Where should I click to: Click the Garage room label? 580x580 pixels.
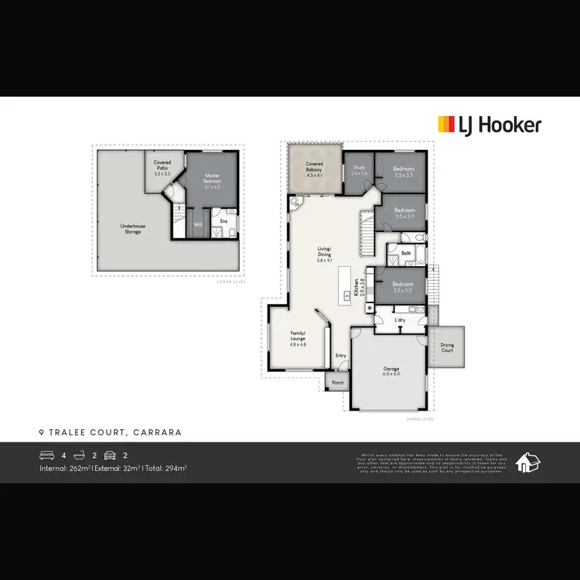[392, 372]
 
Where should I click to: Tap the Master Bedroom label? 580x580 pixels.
[213, 181]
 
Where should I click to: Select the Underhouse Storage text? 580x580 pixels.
[133, 229]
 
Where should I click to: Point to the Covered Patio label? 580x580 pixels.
[162, 170]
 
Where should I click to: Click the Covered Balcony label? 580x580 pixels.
[314, 170]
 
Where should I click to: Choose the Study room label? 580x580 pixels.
[359, 170]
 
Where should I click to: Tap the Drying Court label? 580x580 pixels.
[447, 348]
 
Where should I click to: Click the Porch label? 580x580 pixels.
[338, 383]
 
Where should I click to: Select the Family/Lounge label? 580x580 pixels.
[298, 338]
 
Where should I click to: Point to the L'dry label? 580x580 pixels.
[400, 319]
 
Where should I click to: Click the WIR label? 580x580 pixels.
[198, 226]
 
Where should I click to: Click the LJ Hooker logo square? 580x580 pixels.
[447, 125]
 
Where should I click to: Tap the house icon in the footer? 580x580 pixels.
[528, 462]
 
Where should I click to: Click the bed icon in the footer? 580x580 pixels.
[46, 455]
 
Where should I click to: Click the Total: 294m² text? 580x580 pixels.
[165, 468]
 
